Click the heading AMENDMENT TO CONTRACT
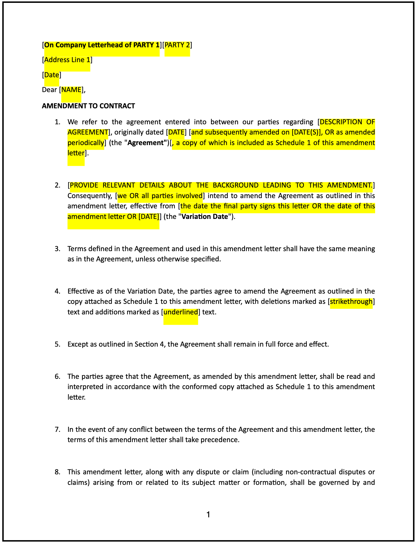coord(88,106)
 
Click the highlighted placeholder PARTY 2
coord(177,45)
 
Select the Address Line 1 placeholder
coord(67,60)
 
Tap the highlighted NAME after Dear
coord(71,90)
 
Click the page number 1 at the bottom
coord(208,514)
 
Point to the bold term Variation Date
coord(205,217)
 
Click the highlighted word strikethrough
coord(351,302)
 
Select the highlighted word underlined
coord(181,312)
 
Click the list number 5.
coord(57,344)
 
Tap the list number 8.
coord(57,472)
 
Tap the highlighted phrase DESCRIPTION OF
coord(347,122)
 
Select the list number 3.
coord(57,249)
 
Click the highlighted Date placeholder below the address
coord(52,75)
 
